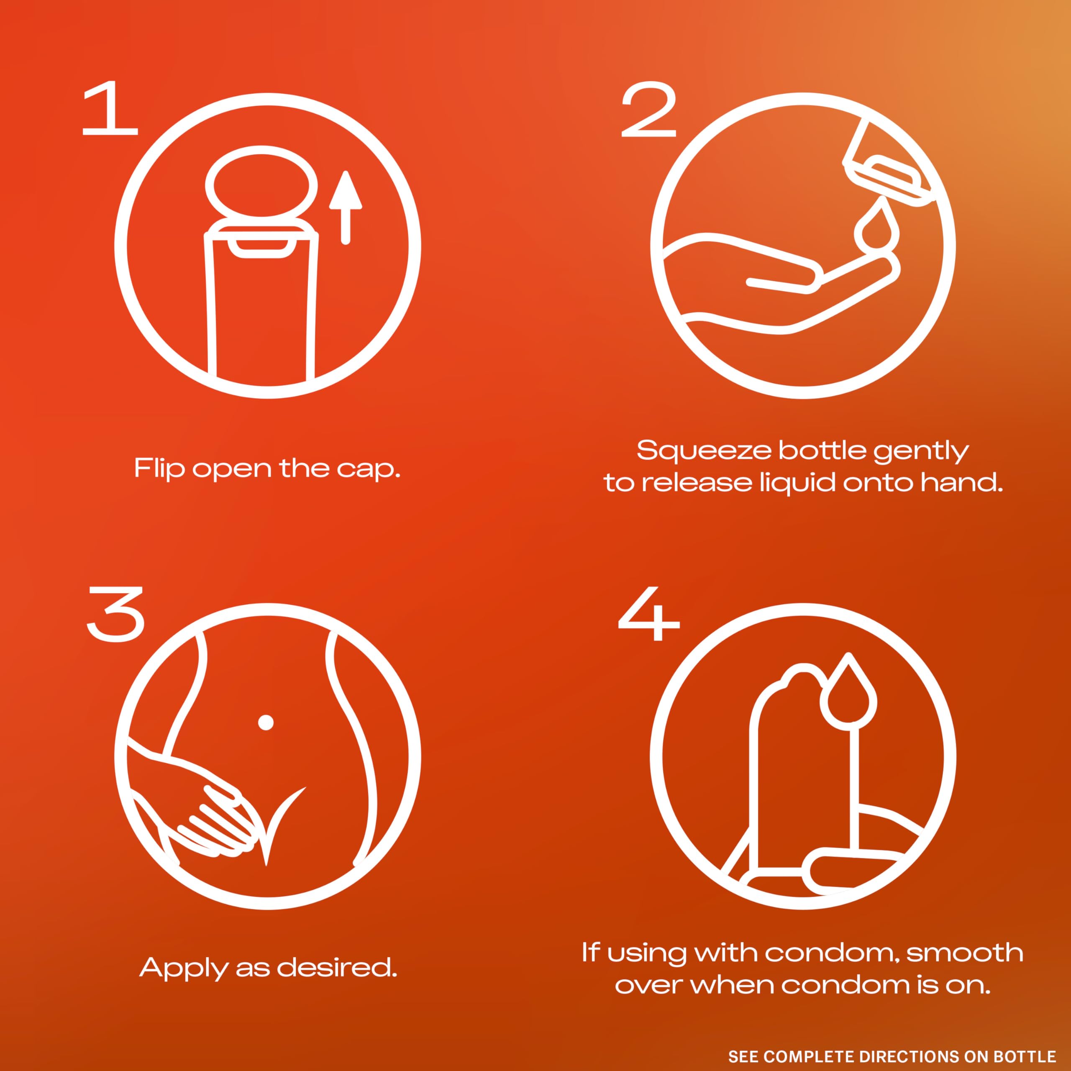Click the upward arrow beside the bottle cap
click(x=346, y=208)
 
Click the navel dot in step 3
click(x=266, y=723)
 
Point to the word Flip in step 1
click(x=159, y=469)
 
